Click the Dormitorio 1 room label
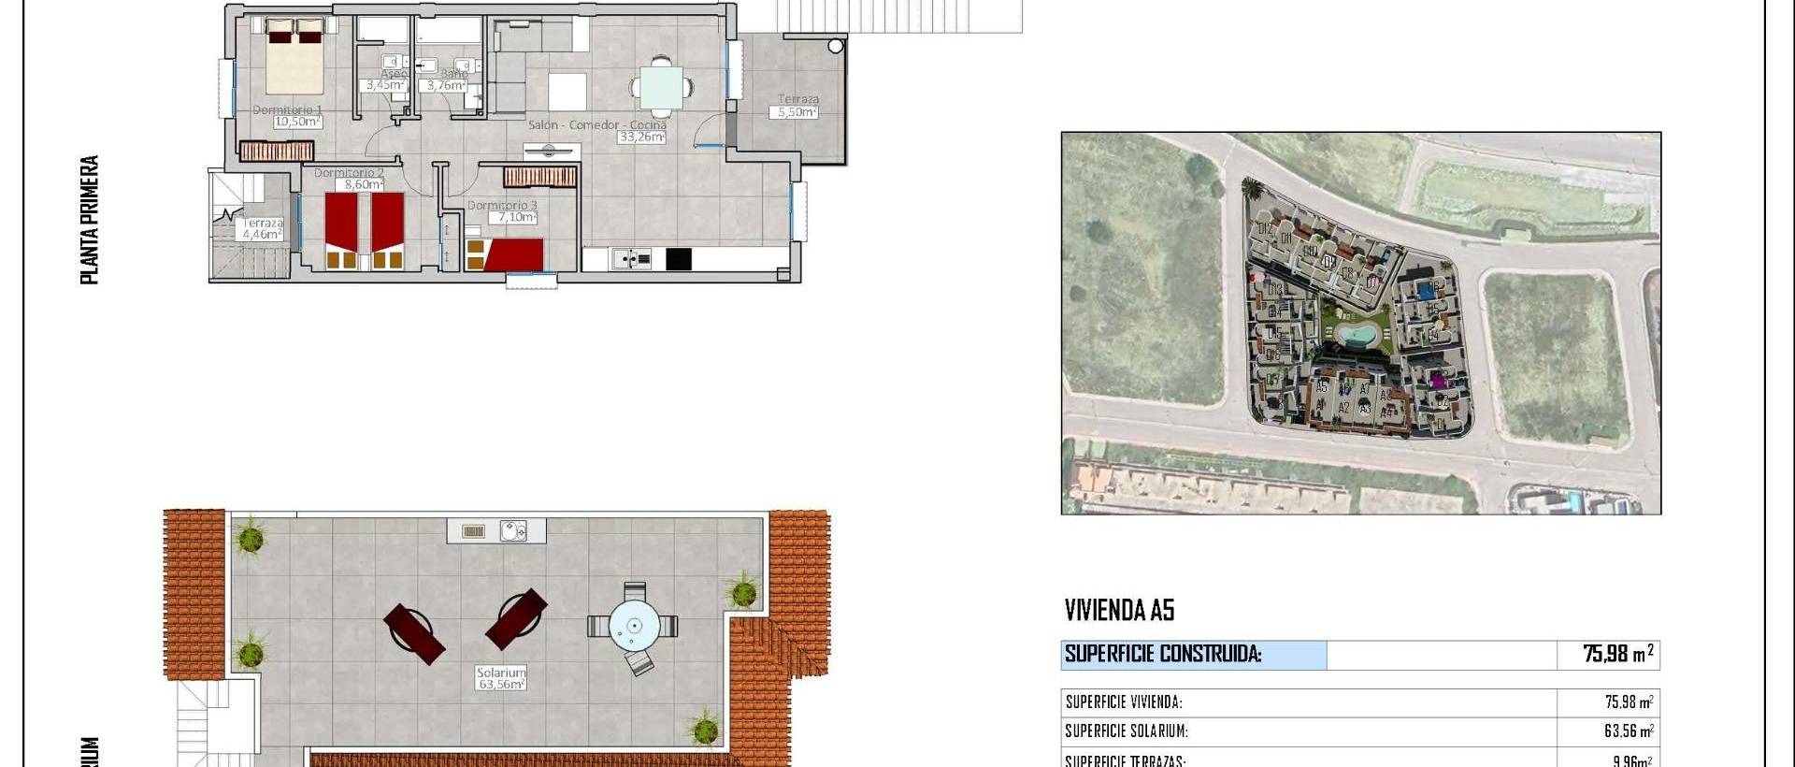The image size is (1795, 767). tap(287, 110)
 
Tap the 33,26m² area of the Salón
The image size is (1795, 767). tap(641, 137)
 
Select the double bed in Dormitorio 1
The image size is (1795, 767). tap(295, 60)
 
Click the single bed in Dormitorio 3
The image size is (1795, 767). tap(505, 254)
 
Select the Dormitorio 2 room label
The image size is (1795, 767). tap(349, 173)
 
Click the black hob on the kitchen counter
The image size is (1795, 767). tap(679, 258)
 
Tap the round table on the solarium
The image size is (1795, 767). tap(634, 626)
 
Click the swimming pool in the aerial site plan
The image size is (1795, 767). tap(1355, 333)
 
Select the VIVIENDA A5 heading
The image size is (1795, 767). tap(1119, 611)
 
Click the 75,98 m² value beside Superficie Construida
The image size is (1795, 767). tap(1617, 654)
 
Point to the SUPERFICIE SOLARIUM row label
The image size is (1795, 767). tap(1127, 731)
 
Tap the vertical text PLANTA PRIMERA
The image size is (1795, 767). tap(90, 220)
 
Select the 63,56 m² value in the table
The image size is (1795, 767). tap(1628, 731)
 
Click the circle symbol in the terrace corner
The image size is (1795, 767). tap(836, 46)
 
